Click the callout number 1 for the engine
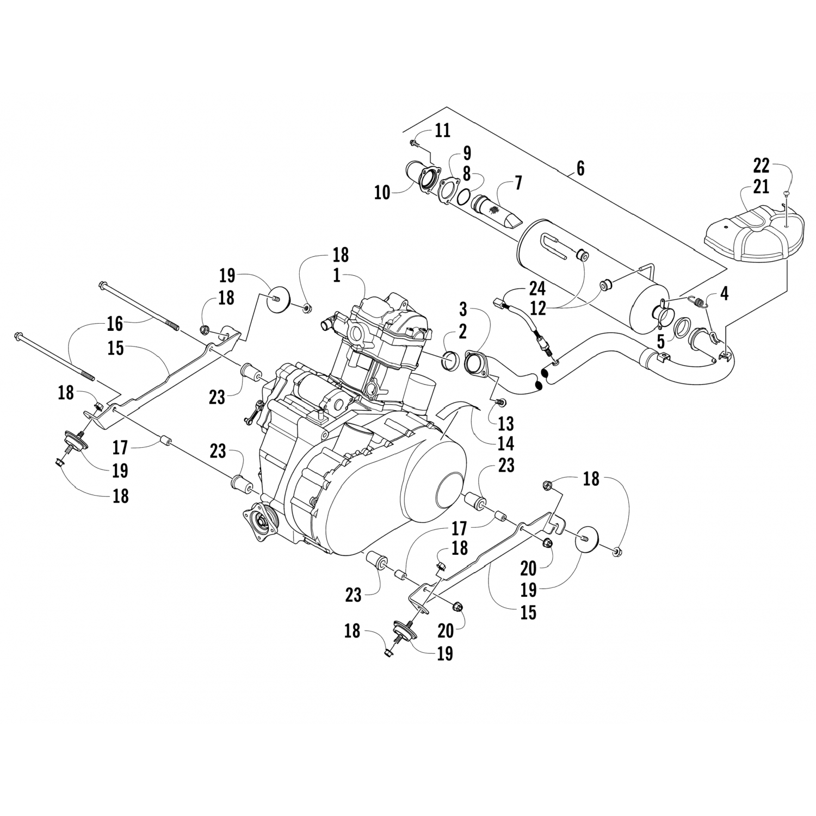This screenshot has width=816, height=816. (x=337, y=275)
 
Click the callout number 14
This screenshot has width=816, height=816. (x=505, y=443)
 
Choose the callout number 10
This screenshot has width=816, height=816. (x=383, y=192)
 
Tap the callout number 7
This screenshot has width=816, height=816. (x=518, y=183)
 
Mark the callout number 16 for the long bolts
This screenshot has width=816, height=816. (x=115, y=324)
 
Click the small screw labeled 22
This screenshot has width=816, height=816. (x=787, y=193)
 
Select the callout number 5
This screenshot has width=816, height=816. (x=660, y=343)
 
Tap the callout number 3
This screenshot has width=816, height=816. (x=463, y=312)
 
